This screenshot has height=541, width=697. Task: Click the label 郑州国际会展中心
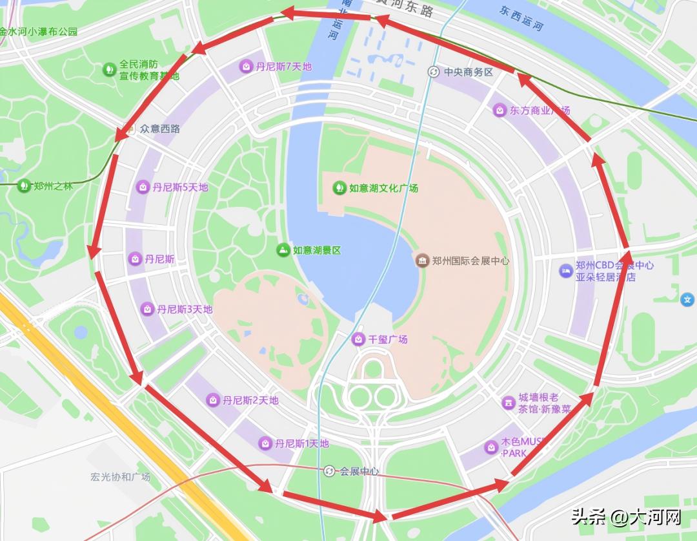point(470,261)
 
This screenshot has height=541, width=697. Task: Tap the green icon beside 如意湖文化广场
point(338,188)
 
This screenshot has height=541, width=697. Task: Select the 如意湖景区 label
point(316,250)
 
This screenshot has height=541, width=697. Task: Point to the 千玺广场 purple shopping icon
point(358,339)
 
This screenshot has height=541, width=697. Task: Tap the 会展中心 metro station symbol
point(330,471)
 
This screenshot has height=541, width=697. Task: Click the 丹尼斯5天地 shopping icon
point(142,187)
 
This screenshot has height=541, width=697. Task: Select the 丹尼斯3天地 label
point(185,310)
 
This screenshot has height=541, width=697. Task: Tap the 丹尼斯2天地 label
point(250,401)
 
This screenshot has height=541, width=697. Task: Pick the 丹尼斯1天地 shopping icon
point(265,443)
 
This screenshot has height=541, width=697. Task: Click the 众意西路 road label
point(160,129)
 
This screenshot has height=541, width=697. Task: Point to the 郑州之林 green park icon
point(24,186)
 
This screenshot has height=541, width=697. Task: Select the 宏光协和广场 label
point(120,477)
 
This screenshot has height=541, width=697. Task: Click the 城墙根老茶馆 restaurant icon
point(509,403)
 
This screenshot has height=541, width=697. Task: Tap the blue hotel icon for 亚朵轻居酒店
point(565,271)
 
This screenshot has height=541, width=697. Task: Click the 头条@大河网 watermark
point(625,516)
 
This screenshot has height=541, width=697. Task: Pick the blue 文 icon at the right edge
point(687,299)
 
